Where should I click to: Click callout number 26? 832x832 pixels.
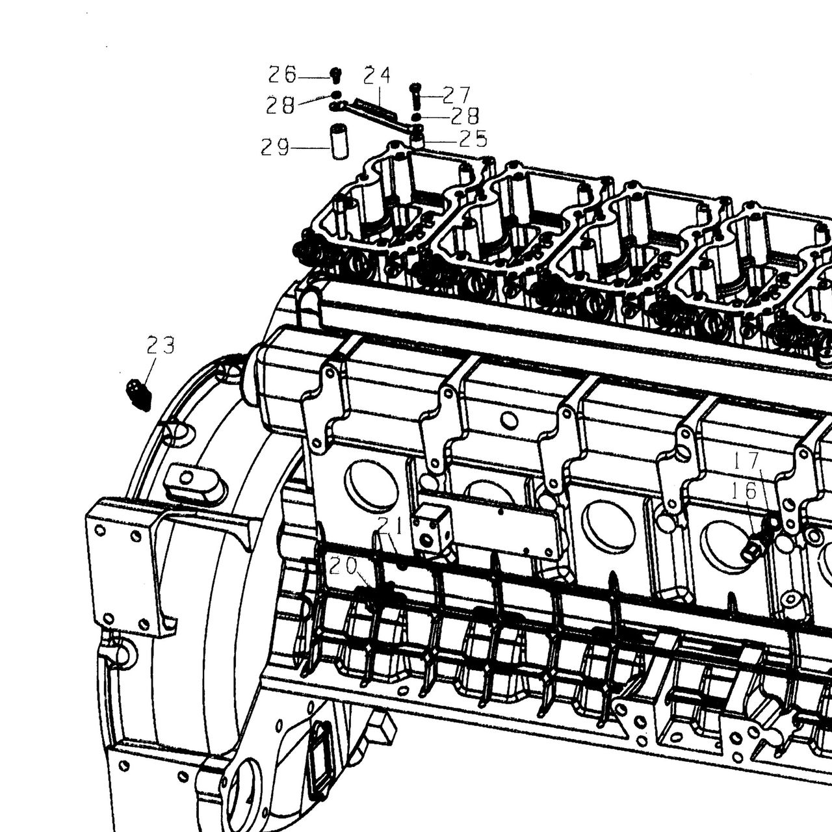point(282,75)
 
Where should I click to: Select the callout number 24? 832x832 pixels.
point(377,75)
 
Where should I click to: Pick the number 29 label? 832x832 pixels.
point(275,148)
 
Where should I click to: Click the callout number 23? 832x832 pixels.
point(161,345)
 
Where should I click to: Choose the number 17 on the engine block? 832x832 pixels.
point(746,461)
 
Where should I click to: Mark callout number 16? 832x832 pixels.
point(744,491)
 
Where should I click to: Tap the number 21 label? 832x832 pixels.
point(390,525)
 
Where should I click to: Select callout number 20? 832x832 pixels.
point(343,566)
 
